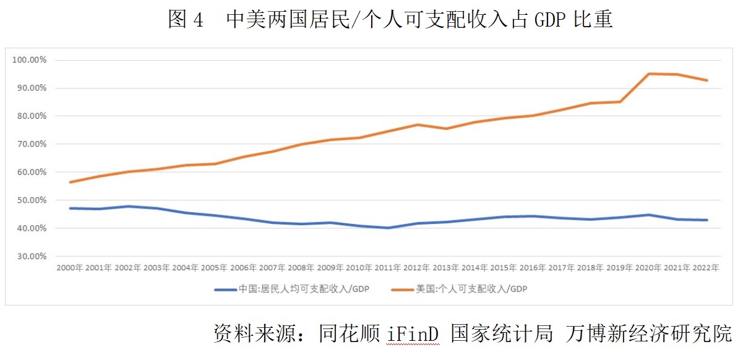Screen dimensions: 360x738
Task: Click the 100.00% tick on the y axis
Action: tap(29, 60)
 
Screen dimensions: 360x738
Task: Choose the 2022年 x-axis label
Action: tap(707, 268)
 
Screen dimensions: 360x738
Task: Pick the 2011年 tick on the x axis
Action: tap(388, 268)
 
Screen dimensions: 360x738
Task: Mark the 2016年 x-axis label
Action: tap(533, 268)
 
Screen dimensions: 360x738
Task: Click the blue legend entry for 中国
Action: tap(291, 289)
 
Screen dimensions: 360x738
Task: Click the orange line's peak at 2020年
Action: tap(649, 74)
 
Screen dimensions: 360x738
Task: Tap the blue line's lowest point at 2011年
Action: tap(388, 228)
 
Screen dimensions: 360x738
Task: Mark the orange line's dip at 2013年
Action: tap(446, 129)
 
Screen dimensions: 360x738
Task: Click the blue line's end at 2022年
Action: tap(707, 220)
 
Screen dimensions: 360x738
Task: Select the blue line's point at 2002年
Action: tap(128, 206)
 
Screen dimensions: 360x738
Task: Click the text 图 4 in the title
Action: tap(185, 20)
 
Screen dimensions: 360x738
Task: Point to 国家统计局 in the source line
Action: tap(501, 333)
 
